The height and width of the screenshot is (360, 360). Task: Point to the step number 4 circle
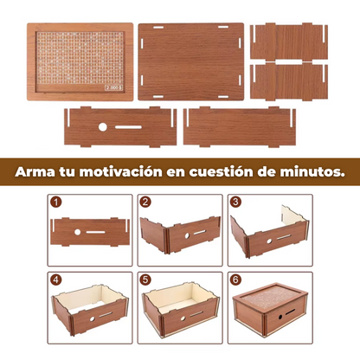click(57, 280)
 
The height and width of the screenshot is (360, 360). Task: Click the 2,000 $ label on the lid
click(114, 87)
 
